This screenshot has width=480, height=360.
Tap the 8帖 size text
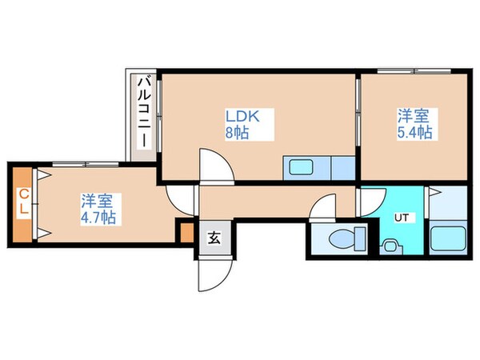236,133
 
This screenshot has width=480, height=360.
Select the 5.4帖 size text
415,133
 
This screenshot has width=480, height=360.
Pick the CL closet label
23,201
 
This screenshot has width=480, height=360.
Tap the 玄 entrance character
214,238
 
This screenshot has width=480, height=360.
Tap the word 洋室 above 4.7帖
95,199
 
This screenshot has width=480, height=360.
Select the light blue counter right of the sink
342,169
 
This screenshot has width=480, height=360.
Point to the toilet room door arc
328,210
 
